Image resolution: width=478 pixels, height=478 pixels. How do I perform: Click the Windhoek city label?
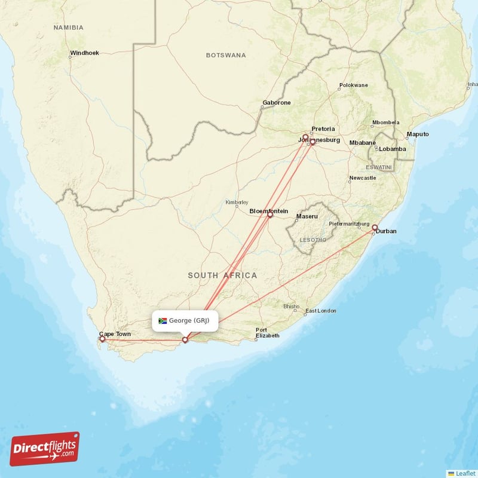(x=84, y=53)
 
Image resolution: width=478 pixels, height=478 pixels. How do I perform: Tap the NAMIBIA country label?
(x=68, y=27)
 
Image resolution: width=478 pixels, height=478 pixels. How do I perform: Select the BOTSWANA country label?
(x=226, y=55)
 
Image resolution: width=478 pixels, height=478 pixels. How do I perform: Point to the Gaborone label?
(x=277, y=103)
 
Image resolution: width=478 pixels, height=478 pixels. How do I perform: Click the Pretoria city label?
(x=323, y=129)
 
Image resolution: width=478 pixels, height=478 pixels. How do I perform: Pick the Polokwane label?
(x=354, y=85)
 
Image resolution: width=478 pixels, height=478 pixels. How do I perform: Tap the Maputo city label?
(x=418, y=134)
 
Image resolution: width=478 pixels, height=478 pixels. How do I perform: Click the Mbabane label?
(x=363, y=143)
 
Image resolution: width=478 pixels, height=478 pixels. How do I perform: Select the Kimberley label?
(x=237, y=202)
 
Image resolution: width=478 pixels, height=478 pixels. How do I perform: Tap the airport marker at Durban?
(x=375, y=228)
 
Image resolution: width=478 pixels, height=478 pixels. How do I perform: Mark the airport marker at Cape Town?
(x=102, y=339)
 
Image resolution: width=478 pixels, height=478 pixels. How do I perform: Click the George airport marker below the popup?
(x=185, y=339)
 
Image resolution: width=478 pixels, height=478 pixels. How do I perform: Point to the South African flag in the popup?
(x=163, y=321)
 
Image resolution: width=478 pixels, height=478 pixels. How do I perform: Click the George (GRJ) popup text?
(x=189, y=321)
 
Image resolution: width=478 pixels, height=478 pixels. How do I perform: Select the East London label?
(x=321, y=311)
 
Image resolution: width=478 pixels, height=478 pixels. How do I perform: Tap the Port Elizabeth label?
(x=267, y=333)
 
